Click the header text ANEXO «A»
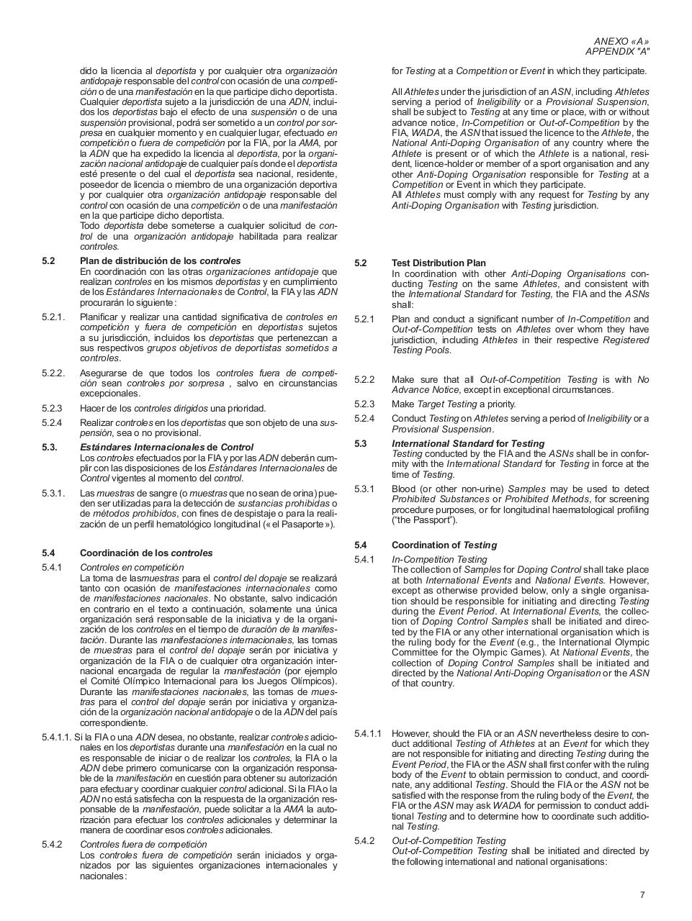621,41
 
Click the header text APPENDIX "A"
617,52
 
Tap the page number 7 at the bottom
642,895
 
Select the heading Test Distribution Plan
439,263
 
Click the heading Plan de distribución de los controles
160,260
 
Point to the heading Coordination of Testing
444,545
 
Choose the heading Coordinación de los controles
146,553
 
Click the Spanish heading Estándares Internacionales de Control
166,447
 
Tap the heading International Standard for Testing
468,443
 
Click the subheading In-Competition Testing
439,559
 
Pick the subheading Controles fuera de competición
143,844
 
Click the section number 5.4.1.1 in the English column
368,733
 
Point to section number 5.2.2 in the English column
364,379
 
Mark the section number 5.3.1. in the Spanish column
53,493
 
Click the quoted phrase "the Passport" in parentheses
424,520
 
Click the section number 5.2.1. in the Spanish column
53,317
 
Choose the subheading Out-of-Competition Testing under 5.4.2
449,840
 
